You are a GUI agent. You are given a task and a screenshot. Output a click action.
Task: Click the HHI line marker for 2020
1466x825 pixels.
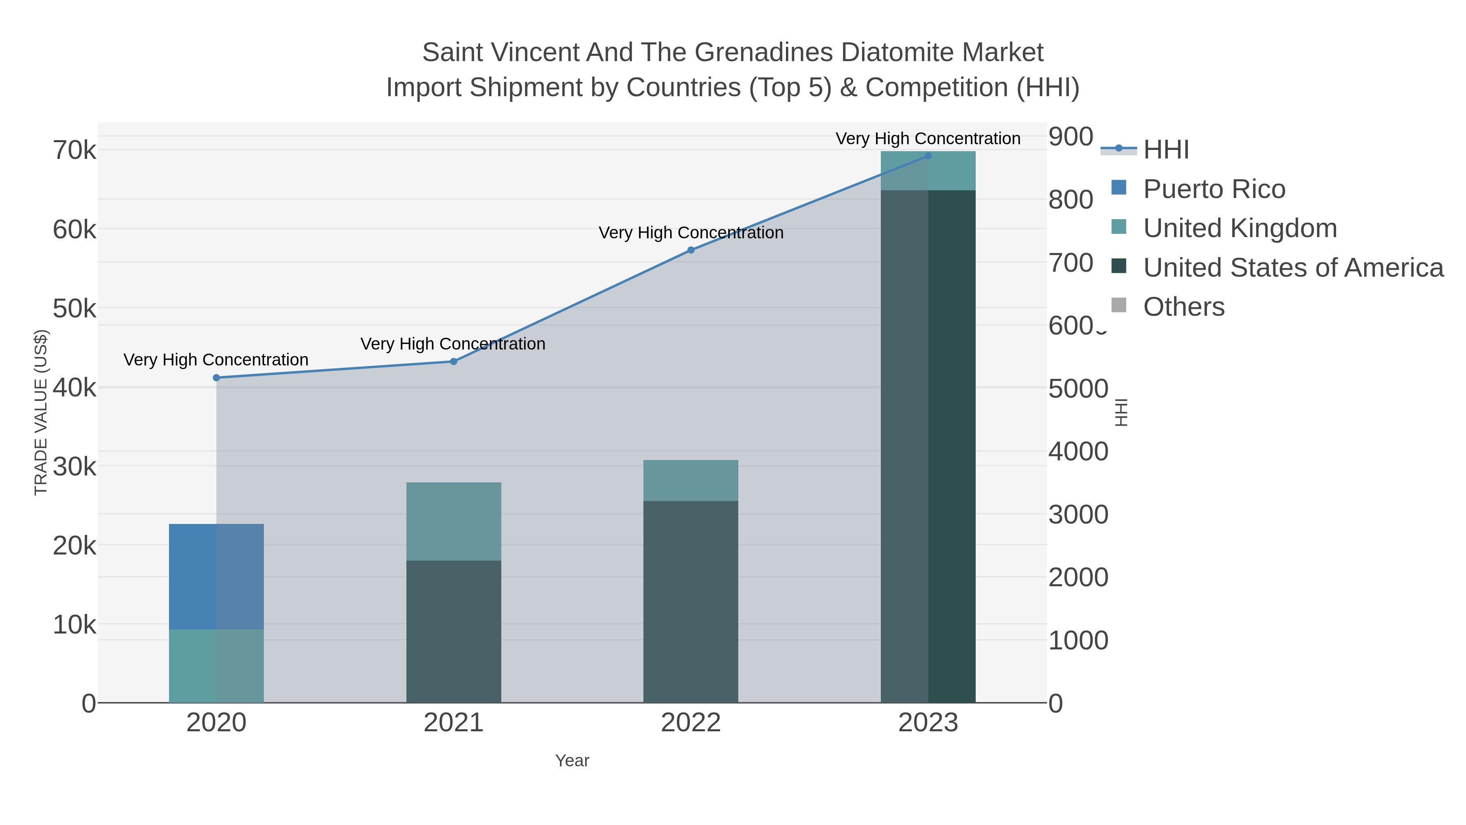coord(216,378)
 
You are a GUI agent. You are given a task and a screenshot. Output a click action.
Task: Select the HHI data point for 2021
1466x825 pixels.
coord(454,361)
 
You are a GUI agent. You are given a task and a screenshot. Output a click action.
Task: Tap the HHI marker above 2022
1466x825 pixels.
coord(691,250)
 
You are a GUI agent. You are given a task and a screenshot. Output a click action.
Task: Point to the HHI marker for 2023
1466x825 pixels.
coord(928,156)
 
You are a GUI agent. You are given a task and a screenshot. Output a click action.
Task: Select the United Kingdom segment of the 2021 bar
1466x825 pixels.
coord(454,521)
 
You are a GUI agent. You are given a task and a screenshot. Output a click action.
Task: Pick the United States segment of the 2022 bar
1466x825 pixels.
coord(691,601)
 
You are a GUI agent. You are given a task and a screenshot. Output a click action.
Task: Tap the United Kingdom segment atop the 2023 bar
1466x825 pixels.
coord(928,170)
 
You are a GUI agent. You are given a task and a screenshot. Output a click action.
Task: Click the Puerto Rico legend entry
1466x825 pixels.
coord(1214,189)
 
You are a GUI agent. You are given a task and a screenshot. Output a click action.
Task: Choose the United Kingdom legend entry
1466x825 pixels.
coord(1240,228)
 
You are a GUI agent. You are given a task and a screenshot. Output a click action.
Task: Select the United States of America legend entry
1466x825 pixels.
coord(1293,268)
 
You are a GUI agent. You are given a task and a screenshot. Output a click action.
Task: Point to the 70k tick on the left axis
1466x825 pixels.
coord(75,151)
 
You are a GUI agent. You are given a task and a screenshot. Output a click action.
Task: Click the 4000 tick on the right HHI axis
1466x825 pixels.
coord(1078,451)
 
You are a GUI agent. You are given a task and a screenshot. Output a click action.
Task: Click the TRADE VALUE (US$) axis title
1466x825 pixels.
coord(41,412)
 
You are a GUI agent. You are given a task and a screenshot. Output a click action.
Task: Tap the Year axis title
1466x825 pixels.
coord(572,761)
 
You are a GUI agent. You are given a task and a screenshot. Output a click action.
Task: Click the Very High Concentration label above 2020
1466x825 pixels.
coord(216,360)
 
